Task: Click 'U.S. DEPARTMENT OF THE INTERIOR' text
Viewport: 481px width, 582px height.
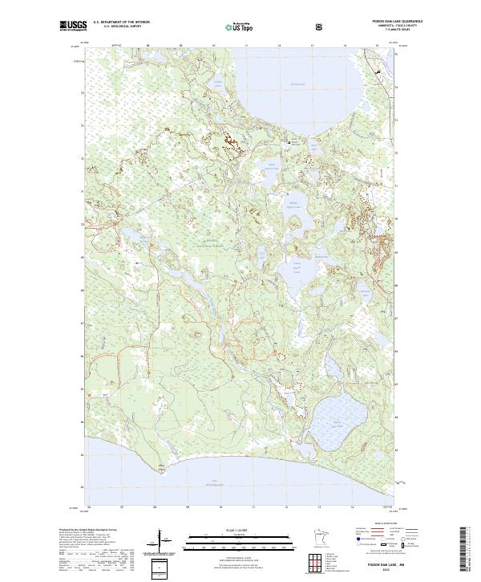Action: point(120,22)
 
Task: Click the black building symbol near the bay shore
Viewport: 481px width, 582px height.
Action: point(291,141)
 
